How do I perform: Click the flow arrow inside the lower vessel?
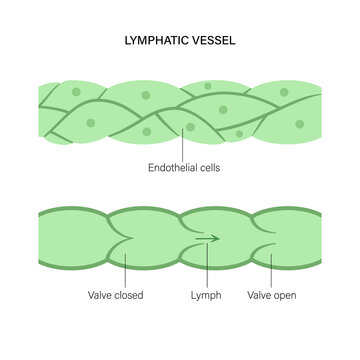point(208,238)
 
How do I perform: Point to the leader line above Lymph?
point(205,268)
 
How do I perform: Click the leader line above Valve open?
point(268,268)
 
